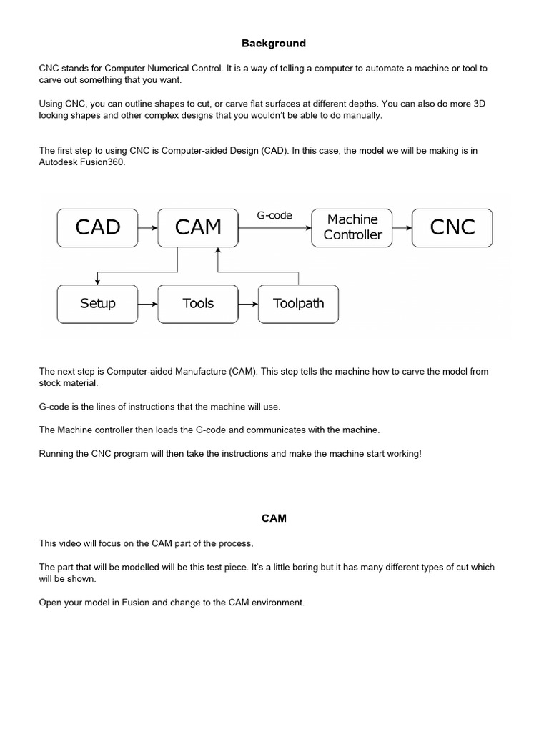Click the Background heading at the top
pyautogui.click(x=274, y=44)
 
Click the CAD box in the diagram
pyautogui.click(x=97, y=227)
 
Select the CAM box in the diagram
pyautogui.click(x=198, y=227)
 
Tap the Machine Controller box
pyautogui.click(x=352, y=227)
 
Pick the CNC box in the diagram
pyautogui.click(x=452, y=227)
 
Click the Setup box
pyautogui.click(x=97, y=304)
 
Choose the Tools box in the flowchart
pyautogui.click(x=198, y=304)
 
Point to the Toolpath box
pyautogui.click(x=298, y=304)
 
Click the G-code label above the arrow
pyautogui.click(x=274, y=215)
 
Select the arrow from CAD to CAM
pyautogui.click(x=147, y=228)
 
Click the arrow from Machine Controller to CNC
pyautogui.click(x=402, y=228)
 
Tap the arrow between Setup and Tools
pyautogui.click(x=147, y=304)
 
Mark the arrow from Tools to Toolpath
pyautogui.click(x=248, y=304)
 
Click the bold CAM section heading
pyautogui.click(x=274, y=518)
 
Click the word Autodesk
pyautogui.click(x=59, y=162)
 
